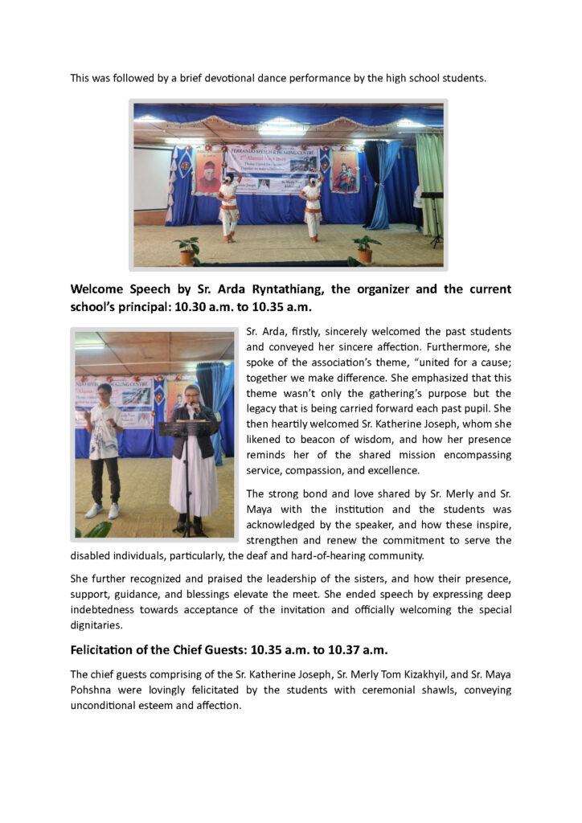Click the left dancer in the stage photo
[229, 207]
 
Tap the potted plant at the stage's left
[186, 250]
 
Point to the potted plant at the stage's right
[367, 248]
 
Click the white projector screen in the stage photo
[152, 178]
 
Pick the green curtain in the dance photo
[429, 185]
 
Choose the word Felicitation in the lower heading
[109, 649]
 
